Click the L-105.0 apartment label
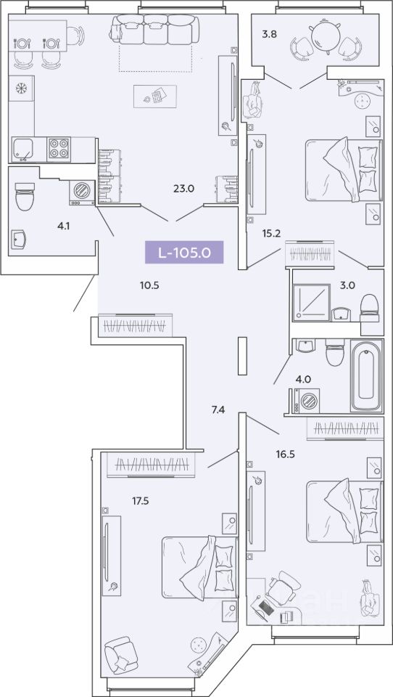184,253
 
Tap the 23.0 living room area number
184,189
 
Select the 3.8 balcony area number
269,34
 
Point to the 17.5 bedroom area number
141,502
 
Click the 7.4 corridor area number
218,409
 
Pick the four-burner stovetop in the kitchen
59,149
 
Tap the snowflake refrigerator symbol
21,88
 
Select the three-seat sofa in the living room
154,29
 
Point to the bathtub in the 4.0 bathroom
366,375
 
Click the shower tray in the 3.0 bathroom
311,302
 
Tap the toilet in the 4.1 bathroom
25,196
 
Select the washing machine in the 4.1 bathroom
82,192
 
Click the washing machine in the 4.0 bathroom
307,401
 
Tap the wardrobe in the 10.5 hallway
135,325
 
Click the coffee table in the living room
155,97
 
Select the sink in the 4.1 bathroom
19,240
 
